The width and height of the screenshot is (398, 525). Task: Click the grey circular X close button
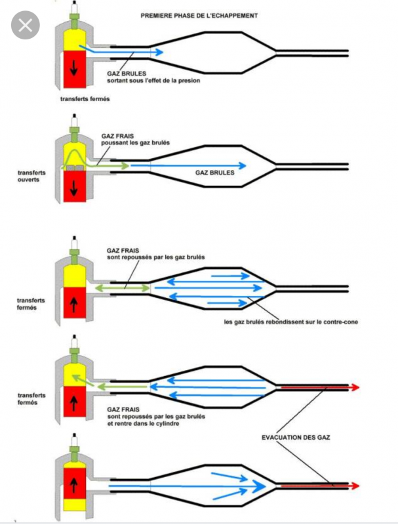[25, 26]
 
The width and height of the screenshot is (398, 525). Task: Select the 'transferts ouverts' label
[31, 177]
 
